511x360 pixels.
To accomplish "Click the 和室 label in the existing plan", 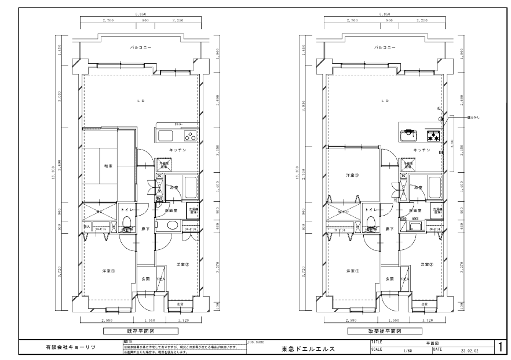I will [108, 166].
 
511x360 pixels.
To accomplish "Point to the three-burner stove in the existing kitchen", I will [190, 137].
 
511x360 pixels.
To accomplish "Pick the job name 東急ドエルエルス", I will [308, 349].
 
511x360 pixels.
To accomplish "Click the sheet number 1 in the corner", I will [500, 347].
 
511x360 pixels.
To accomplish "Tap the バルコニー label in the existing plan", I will [140, 48].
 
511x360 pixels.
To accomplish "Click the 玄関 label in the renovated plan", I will [390, 279].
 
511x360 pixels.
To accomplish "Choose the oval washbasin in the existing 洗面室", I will [172, 226].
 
